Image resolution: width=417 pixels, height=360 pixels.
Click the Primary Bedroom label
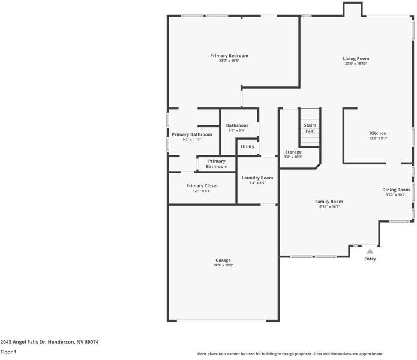coord(229,56)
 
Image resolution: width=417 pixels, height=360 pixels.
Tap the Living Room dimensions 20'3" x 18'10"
coord(356,64)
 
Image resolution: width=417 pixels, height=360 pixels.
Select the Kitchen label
coord(378,133)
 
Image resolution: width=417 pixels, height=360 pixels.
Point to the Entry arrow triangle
coord(370,251)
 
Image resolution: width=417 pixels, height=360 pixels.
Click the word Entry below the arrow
coord(370,259)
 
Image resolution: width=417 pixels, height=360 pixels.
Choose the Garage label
coord(223,260)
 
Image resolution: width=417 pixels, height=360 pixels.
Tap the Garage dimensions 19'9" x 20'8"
coord(223,265)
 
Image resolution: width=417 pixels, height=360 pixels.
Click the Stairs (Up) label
coord(310,128)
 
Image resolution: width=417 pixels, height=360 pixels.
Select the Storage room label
coord(293,152)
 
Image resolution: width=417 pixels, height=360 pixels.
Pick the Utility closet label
coord(247,146)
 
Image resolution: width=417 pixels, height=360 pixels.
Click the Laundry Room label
coord(257,178)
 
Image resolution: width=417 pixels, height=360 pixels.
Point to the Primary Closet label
coord(202,186)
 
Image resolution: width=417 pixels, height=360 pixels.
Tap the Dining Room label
coord(396,190)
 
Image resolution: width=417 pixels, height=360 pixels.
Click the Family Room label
coord(329,202)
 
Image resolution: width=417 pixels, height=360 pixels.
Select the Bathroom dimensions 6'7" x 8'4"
coord(236,131)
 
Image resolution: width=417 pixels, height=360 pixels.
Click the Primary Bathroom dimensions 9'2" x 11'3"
coord(192,140)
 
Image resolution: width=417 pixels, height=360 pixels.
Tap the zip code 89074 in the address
coord(91,342)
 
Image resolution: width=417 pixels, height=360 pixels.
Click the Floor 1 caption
coord(8,352)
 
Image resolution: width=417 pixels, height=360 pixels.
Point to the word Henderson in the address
coord(61,342)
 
